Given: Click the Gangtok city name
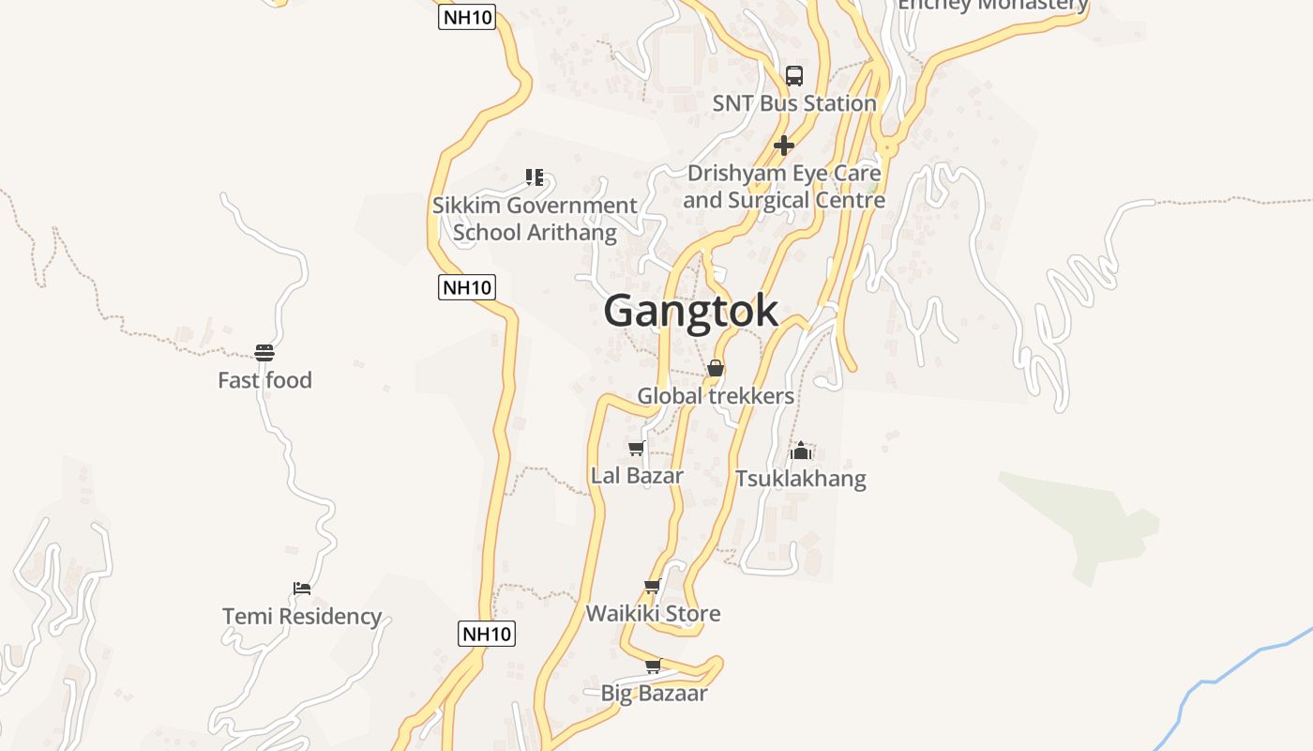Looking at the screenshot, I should [x=691, y=311].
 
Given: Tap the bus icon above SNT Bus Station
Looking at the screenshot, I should [x=794, y=76].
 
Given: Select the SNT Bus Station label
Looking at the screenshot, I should [x=794, y=103].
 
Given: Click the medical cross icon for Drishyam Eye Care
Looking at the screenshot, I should [x=784, y=146].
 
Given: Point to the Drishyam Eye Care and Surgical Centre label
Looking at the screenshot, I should [x=784, y=187].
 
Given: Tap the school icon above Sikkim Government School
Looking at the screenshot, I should [x=535, y=176].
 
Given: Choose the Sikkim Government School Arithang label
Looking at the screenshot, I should [x=535, y=219].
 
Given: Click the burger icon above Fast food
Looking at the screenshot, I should [x=264, y=353].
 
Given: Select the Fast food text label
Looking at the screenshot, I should [x=264, y=380].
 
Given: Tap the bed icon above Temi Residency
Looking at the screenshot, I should [x=302, y=589].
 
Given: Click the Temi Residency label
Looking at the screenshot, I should [x=302, y=617].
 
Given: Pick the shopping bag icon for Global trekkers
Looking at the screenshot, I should [x=716, y=368].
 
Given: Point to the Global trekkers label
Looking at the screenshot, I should [x=716, y=396].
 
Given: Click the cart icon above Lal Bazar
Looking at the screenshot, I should [x=637, y=449].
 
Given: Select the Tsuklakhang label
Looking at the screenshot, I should [x=801, y=479].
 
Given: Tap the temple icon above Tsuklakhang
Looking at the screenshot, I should [x=801, y=451].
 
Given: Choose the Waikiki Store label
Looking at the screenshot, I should [x=653, y=614].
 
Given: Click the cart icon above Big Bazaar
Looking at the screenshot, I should [x=653, y=667].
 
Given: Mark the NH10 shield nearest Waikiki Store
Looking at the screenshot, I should [x=487, y=634].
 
